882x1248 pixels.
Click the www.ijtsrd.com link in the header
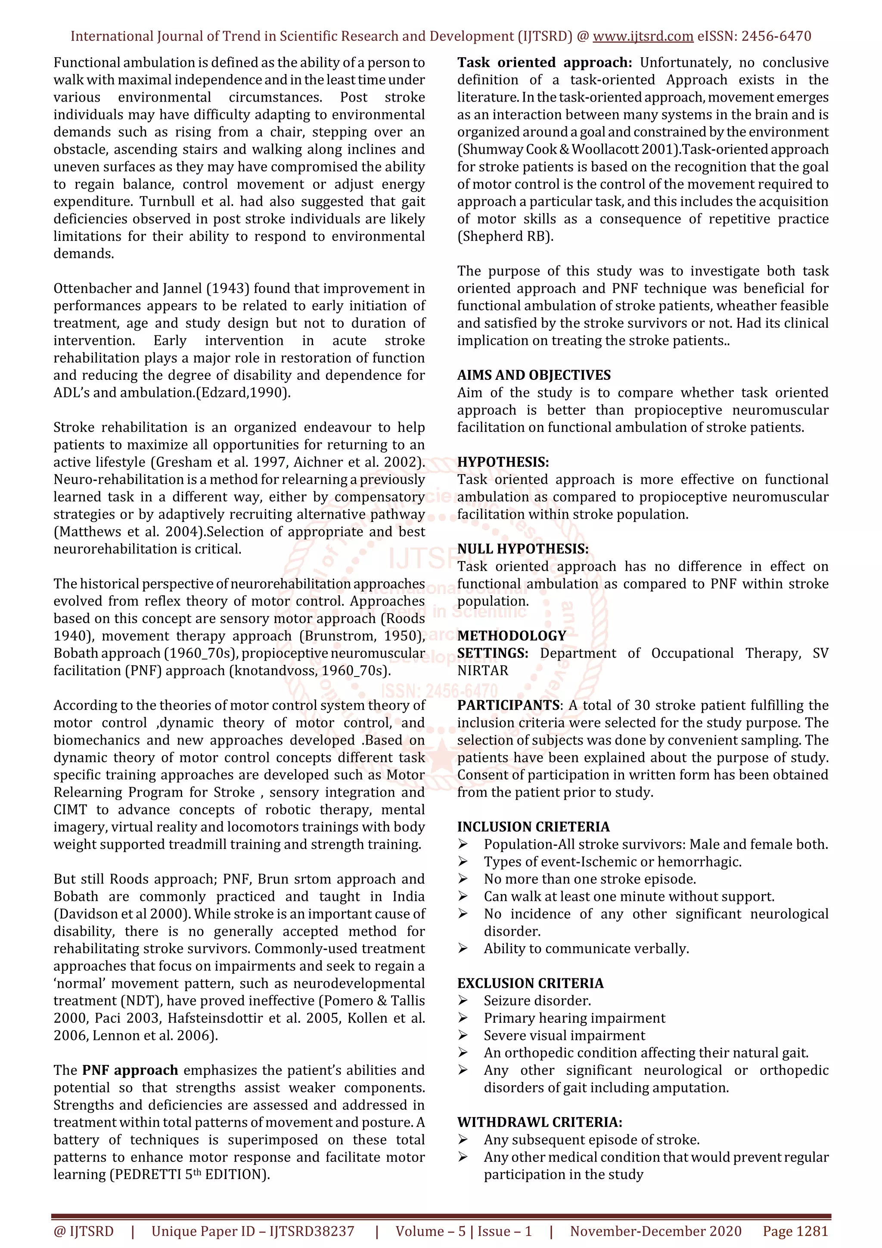pos(643,37)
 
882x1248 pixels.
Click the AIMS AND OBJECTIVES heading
pos(534,375)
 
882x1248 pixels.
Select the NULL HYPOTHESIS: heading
pos(523,549)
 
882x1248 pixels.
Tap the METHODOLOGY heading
pos(511,636)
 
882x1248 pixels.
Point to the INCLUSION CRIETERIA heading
pos(533,827)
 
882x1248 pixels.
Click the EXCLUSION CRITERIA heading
pos(530,983)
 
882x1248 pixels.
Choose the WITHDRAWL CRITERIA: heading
pos(540,1122)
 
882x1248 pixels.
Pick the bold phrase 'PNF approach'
pos(130,1070)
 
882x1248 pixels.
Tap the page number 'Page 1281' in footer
pos(795,1231)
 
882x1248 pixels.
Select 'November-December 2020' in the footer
pos(655,1231)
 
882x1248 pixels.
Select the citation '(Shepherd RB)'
pos(505,236)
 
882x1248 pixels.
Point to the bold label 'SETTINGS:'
pos(492,653)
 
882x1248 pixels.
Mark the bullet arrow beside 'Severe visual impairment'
pos(463,1035)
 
